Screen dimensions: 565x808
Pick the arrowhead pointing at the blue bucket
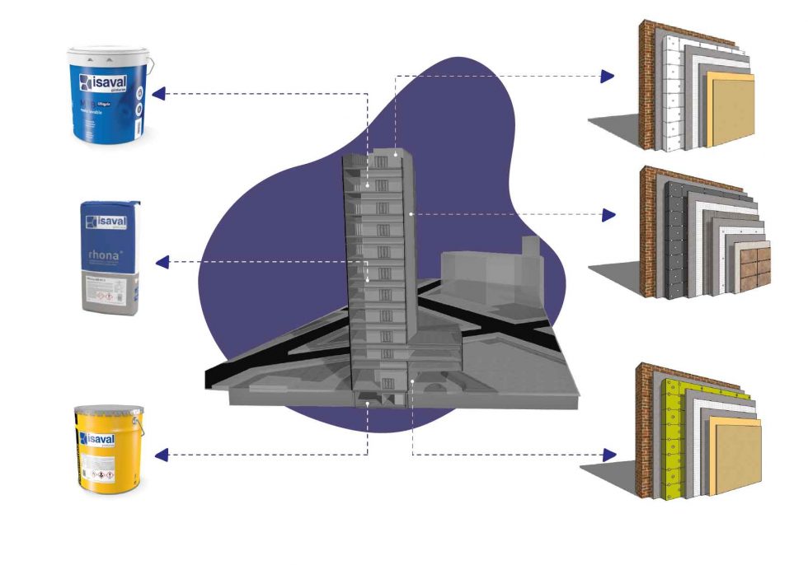[x=159, y=93]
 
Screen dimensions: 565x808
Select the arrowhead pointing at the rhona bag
[x=162, y=263]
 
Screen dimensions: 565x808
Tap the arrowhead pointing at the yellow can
[x=162, y=454]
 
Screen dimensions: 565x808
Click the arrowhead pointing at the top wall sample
[x=608, y=77]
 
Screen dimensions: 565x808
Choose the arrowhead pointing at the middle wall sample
[x=609, y=215]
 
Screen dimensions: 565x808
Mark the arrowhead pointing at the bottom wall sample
[x=609, y=455]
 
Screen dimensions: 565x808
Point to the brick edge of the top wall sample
[x=651, y=82]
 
